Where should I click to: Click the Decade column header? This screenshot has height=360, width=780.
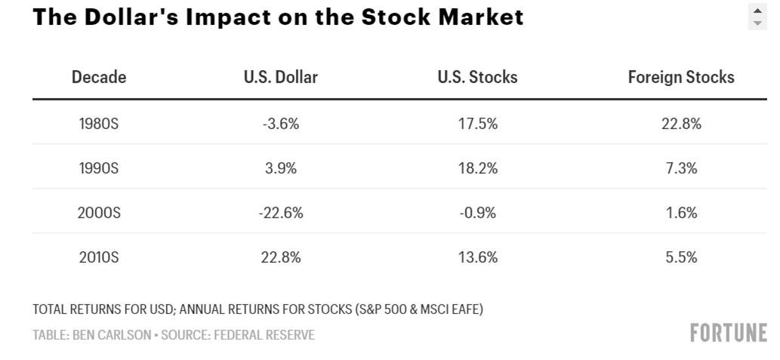point(99,77)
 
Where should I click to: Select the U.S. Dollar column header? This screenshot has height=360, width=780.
point(281,77)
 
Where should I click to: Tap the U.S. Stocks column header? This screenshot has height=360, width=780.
point(477,77)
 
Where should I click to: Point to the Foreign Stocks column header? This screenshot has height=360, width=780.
point(681,77)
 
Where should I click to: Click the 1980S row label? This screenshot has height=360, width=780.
point(99,124)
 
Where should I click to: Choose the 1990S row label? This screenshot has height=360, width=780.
point(99,168)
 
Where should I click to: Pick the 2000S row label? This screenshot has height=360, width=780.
point(99,213)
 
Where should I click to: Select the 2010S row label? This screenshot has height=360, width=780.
point(99,257)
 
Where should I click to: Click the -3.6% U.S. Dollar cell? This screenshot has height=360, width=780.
point(281,124)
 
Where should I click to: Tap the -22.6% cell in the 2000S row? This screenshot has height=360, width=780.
point(281,213)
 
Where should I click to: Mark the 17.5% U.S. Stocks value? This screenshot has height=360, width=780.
point(478,124)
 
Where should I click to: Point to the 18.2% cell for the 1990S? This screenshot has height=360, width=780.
point(478,168)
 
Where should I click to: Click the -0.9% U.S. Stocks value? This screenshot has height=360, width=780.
point(478,213)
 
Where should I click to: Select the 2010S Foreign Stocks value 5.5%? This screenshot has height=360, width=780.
point(681,257)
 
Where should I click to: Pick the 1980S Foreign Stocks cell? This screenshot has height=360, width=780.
point(681,124)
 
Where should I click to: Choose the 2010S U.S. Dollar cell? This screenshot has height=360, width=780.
point(281,257)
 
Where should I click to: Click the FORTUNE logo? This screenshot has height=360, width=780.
point(728,333)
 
